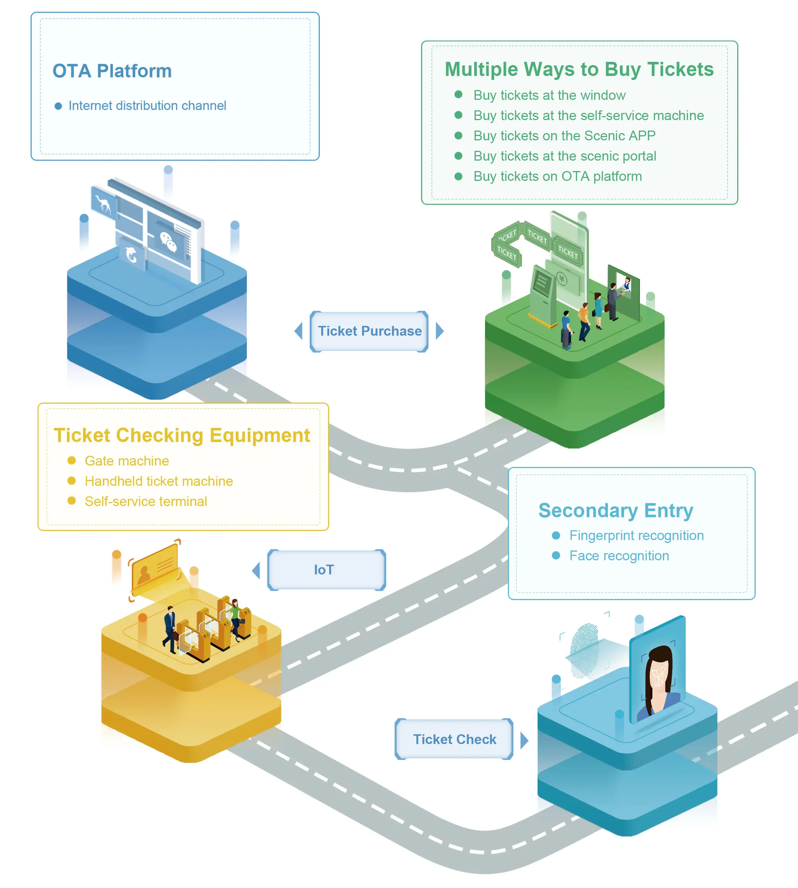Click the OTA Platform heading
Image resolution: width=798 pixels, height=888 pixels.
coord(112,71)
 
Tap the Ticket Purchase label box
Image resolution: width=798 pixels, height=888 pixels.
coord(369,331)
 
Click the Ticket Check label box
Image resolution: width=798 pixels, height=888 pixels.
coord(454,739)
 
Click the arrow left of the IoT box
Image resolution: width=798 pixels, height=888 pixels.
coord(256,570)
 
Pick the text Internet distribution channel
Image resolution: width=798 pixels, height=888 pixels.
coord(147,106)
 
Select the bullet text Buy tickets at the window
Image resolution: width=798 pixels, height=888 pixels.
coord(549,95)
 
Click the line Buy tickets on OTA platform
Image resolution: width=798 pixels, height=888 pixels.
coord(557,176)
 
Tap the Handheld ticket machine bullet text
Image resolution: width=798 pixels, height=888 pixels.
coord(158,481)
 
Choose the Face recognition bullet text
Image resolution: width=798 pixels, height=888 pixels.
coord(619,556)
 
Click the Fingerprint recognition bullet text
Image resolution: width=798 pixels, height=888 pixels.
coord(636,535)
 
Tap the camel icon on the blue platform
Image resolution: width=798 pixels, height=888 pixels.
coord(103,204)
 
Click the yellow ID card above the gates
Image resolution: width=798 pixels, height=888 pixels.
coord(155,568)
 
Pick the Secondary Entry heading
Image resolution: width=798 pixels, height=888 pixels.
coord(616,510)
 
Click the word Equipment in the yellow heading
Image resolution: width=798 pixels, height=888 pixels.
coord(260,435)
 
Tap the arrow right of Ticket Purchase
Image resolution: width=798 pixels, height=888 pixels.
coord(440,331)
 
